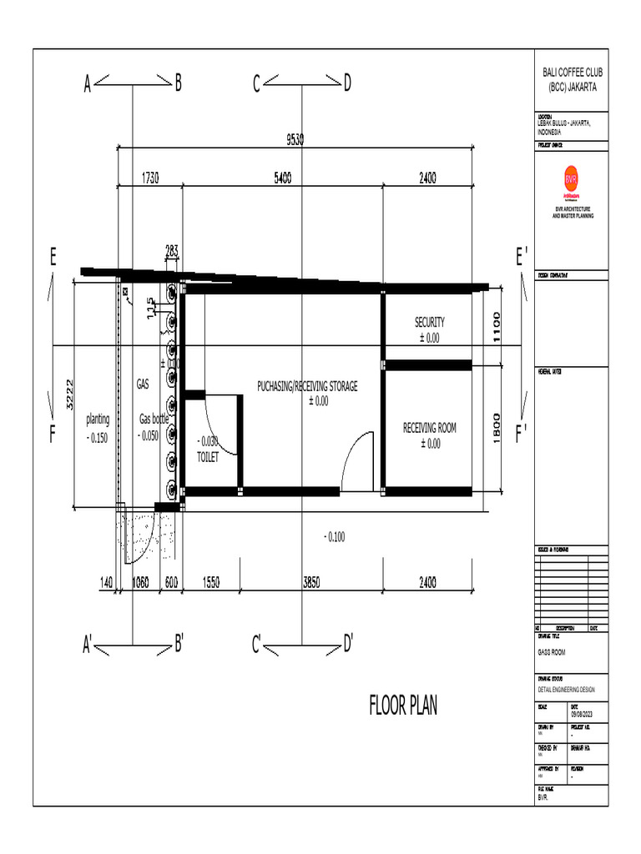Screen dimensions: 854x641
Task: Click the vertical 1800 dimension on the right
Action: [495, 430]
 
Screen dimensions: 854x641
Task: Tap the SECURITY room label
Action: [430, 322]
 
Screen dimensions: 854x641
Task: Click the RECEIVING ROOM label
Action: [430, 428]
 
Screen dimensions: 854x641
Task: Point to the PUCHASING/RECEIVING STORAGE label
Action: [307, 386]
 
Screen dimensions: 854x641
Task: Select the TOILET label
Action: [208, 458]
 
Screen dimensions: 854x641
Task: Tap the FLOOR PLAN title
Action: [403, 707]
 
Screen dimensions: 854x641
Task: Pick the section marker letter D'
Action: [348, 643]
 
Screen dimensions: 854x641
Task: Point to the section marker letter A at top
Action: [87, 83]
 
